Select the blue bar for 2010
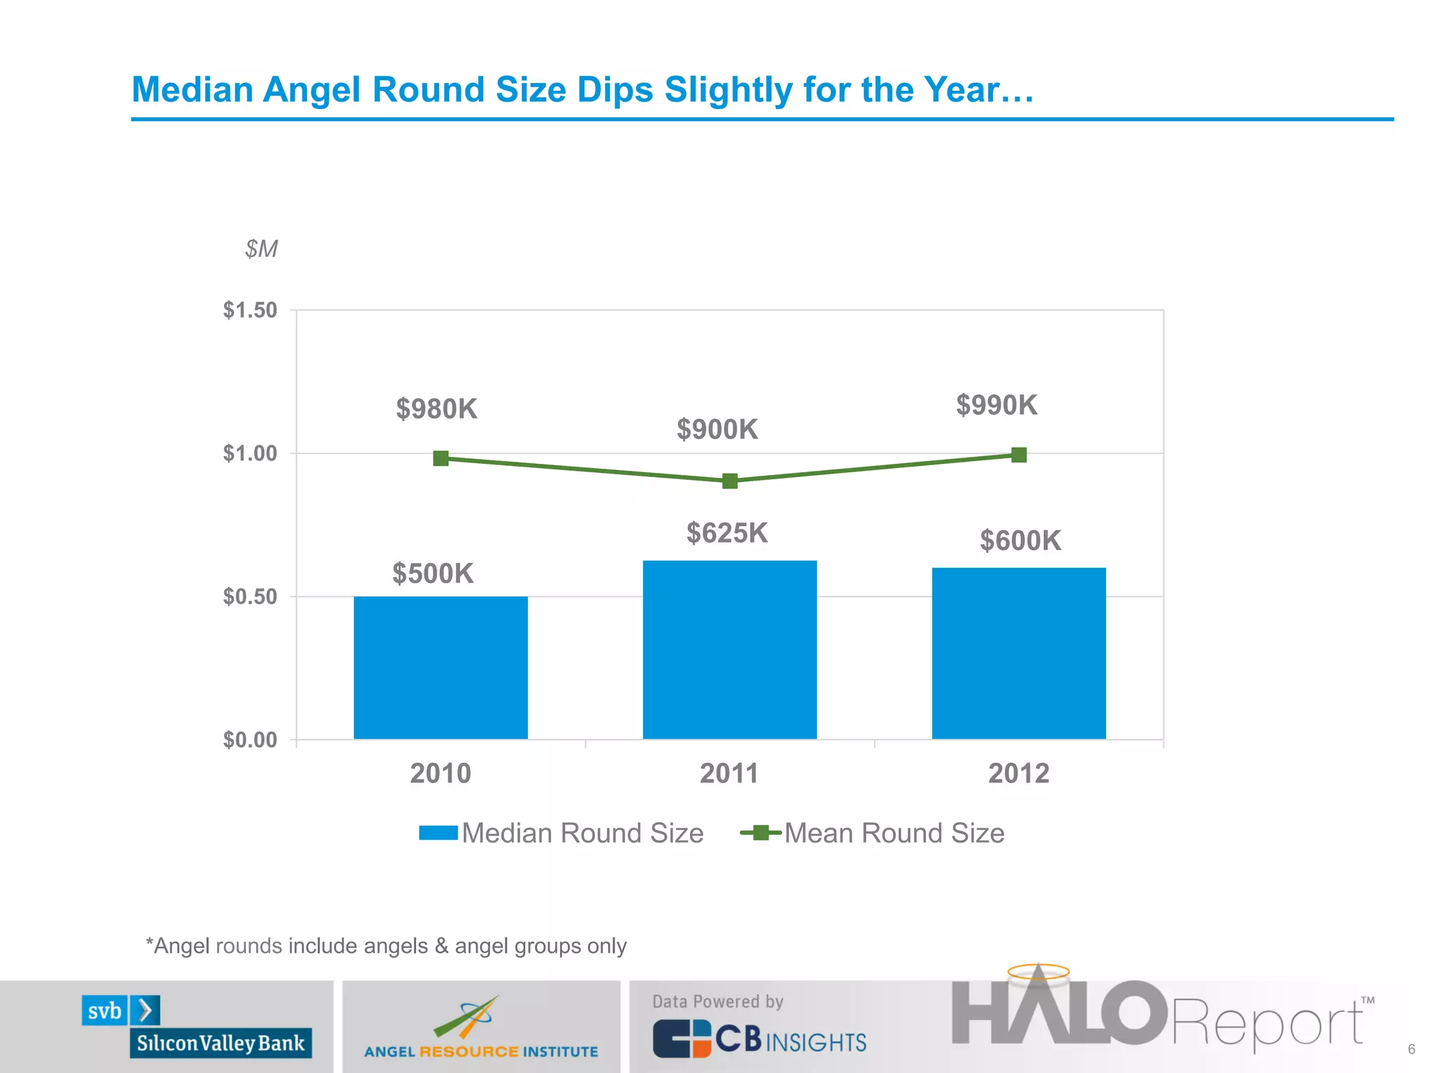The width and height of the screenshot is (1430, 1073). (441, 667)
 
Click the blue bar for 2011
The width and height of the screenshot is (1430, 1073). (730, 650)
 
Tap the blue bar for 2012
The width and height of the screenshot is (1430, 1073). (1019, 653)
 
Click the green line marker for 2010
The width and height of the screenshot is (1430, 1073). (441, 458)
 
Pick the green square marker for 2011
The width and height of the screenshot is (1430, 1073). (730, 481)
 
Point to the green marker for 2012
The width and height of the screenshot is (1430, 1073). (1019, 455)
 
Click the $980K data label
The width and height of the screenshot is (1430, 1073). (436, 409)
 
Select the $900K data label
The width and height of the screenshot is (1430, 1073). (717, 430)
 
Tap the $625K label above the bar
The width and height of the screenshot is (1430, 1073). (727, 533)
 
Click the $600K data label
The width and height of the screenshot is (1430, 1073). (1020, 541)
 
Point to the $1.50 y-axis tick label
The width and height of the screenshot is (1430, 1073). (250, 310)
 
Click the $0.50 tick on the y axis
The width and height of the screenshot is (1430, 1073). (250, 597)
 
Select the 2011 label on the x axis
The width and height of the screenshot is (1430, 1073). (729, 773)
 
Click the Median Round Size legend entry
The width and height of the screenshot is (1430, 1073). (562, 833)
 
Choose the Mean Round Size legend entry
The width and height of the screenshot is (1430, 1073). (873, 833)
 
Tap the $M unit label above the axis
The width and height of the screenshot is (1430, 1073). (261, 249)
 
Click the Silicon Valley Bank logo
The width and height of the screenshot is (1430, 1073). (196, 1026)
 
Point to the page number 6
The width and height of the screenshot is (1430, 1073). (1411, 1049)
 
